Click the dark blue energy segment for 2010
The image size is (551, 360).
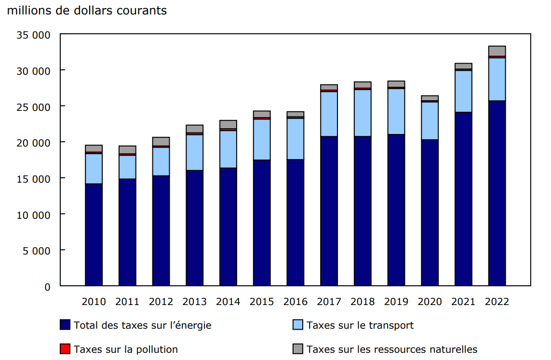click(x=94, y=235)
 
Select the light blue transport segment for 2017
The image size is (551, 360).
click(x=329, y=114)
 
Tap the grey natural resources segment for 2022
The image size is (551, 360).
click(x=497, y=51)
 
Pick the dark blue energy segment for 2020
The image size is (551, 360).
click(x=430, y=213)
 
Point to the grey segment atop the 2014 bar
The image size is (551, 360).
click(x=228, y=124)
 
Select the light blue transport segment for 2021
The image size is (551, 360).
click(x=463, y=91)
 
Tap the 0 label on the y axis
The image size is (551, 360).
click(x=47, y=287)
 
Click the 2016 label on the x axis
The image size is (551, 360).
click(x=295, y=302)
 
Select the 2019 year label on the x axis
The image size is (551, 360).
click(x=396, y=302)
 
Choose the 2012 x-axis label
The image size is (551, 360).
click(x=161, y=302)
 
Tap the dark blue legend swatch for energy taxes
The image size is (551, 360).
click(x=66, y=325)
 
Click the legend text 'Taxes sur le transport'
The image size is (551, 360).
click(x=360, y=325)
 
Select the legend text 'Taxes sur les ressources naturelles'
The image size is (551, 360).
click(x=391, y=349)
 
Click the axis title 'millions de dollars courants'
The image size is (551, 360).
click(x=87, y=11)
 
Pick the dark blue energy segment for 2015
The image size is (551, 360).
click(x=261, y=223)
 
